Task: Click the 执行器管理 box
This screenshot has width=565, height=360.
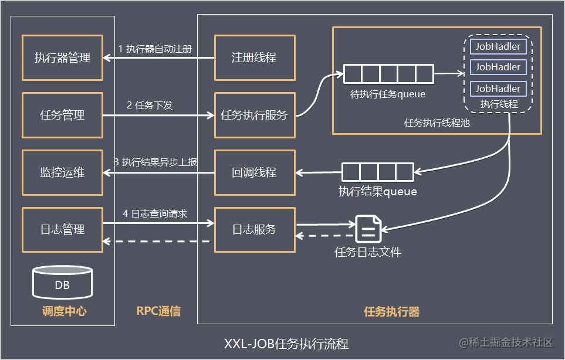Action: click(x=62, y=57)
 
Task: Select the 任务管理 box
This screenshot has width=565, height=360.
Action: click(x=62, y=115)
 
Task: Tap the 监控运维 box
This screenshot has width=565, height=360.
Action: click(x=62, y=172)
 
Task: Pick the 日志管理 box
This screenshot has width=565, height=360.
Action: click(x=62, y=229)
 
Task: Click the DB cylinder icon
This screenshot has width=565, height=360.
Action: click(x=62, y=283)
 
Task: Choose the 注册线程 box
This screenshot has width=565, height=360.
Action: click(x=254, y=57)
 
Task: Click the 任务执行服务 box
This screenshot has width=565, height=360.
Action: click(x=254, y=115)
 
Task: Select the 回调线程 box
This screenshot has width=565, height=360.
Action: click(x=254, y=172)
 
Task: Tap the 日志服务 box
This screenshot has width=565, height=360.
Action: click(x=254, y=229)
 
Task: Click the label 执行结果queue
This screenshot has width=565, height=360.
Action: click(x=377, y=191)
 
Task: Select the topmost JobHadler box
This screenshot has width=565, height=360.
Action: click(x=498, y=46)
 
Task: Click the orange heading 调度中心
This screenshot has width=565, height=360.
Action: click(x=64, y=311)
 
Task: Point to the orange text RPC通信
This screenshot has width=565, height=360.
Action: click(x=158, y=311)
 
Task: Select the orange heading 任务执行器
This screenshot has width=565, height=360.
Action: click(x=391, y=311)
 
